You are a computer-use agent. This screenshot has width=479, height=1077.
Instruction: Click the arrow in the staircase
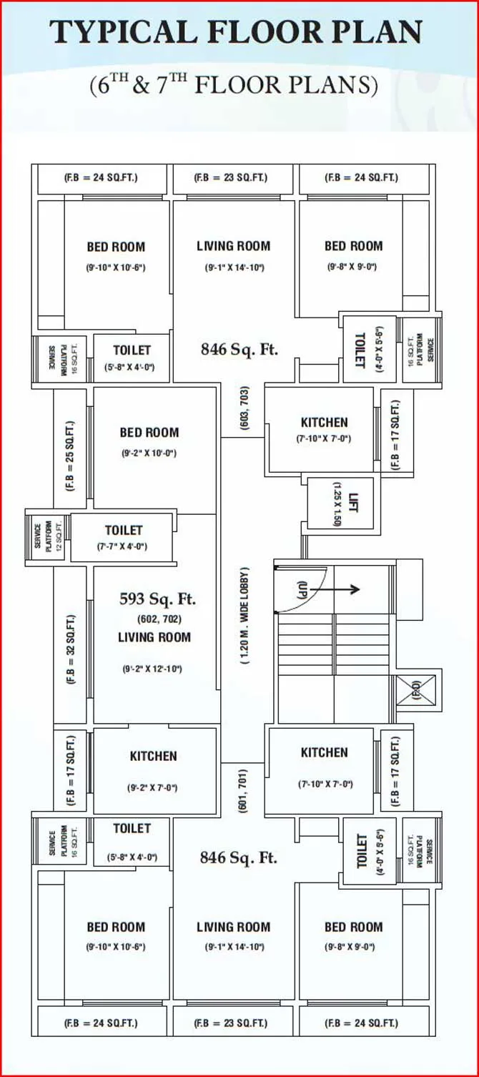[345, 589]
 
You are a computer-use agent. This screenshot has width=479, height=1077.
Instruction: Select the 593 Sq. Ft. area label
[157, 599]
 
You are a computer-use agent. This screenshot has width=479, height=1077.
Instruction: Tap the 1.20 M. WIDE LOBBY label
[245, 616]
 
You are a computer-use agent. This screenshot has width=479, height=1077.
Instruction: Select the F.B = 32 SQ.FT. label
[71, 649]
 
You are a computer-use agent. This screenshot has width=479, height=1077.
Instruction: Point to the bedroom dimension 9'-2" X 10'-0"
[149, 453]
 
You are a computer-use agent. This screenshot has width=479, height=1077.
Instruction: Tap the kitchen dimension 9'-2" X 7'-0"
[152, 788]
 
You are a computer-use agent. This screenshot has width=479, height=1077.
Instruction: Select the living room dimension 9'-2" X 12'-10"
[152, 669]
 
